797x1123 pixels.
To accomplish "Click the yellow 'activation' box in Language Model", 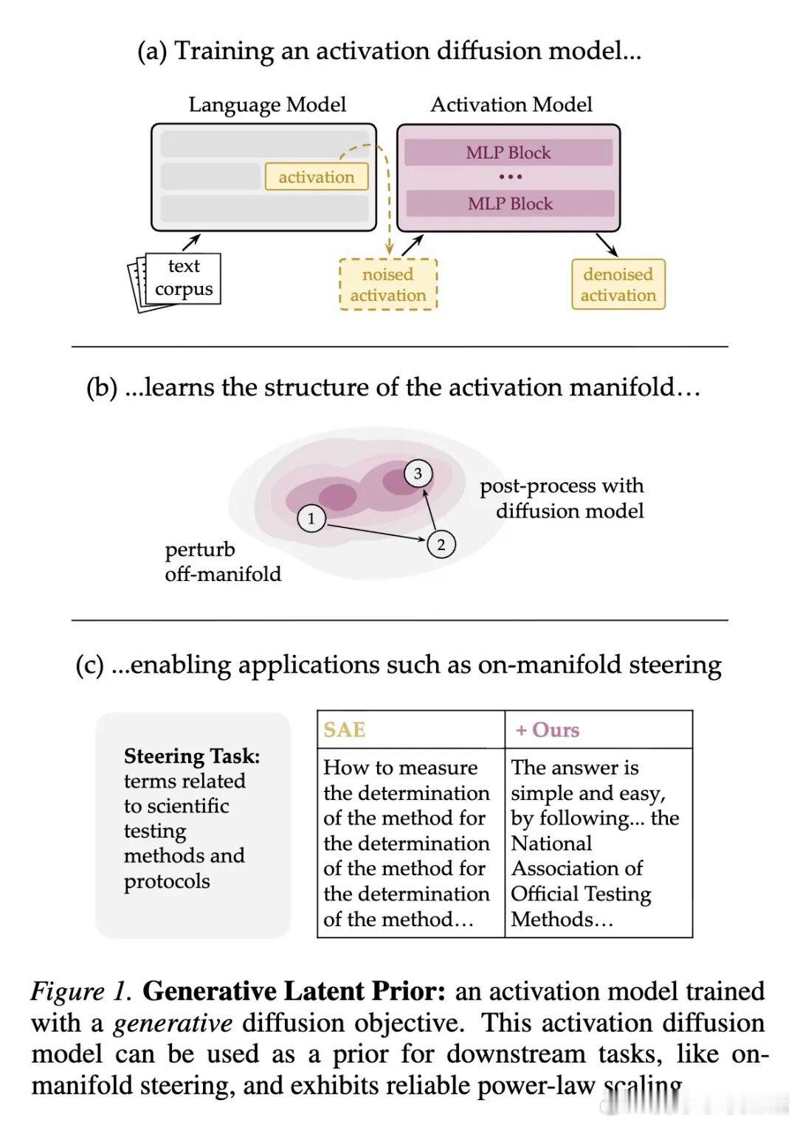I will [317, 177].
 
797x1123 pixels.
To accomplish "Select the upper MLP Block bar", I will [508, 153].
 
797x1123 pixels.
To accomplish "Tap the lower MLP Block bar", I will [510, 204].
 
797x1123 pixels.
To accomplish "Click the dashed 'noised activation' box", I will [388, 285].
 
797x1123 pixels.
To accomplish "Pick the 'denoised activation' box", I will [618, 285].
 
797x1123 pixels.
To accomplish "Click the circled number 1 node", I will [311, 518].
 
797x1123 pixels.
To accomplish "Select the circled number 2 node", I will [441, 545].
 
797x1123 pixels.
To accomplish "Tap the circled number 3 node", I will [418, 473].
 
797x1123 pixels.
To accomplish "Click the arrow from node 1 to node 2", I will [376, 532].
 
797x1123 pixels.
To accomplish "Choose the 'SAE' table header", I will [345, 730].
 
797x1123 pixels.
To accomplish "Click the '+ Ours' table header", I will [548, 730].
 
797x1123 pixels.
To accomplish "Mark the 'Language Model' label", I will [267, 105].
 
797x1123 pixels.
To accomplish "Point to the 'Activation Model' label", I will [511, 105].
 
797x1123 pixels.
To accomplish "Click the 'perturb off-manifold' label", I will [222, 561].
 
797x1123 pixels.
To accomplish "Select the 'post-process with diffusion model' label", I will [562, 498].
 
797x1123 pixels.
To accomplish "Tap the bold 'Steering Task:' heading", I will [192, 756].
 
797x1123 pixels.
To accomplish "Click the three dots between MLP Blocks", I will [510, 177].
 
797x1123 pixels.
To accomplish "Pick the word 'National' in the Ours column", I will [551, 843].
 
